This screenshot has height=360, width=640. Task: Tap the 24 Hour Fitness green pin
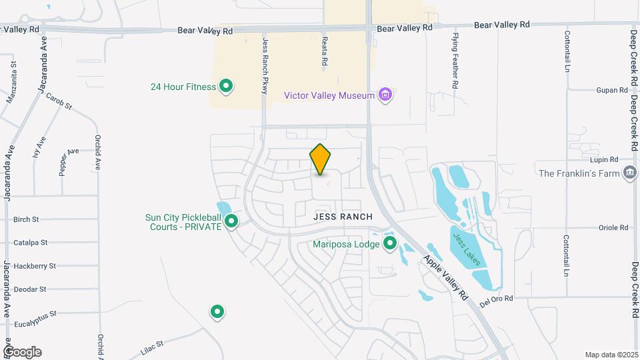pyautogui.click(x=226, y=86)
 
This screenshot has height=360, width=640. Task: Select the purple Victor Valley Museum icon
pyautogui.click(x=384, y=95)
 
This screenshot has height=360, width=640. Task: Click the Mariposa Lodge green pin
pyautogui.click(x=390, y=244)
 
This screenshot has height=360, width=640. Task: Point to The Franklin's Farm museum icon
pyautogui.click(x=629, y=173)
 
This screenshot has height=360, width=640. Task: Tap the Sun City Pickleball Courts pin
pyautogui.click(x=231, y=221)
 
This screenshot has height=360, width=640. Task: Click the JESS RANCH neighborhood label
pyautogui.click(x=343, y=217)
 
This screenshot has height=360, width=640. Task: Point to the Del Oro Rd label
pyautogui.click(x=496, y=299)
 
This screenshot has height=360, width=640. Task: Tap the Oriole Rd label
pyautogui.click(x=614, y=227)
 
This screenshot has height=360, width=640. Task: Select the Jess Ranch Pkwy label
pyautogui.click(x=265, y=65)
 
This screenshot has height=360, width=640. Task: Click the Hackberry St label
pyautogui.click(x=35, y=266)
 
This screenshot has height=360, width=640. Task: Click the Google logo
pyautogui.click(x=22, y=352)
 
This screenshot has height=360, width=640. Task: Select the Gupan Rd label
pyautogui.click(x=613, y=90)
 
